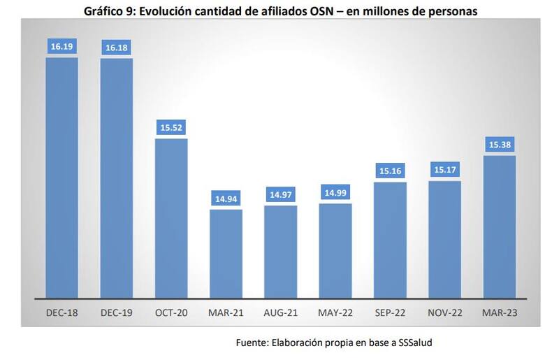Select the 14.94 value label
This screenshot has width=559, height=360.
point(226,199)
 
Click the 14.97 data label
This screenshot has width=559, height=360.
point(281,196)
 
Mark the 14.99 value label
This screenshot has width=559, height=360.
point(335,194)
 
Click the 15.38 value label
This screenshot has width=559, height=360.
point(499,145)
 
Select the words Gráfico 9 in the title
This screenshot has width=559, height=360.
point(109,11)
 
